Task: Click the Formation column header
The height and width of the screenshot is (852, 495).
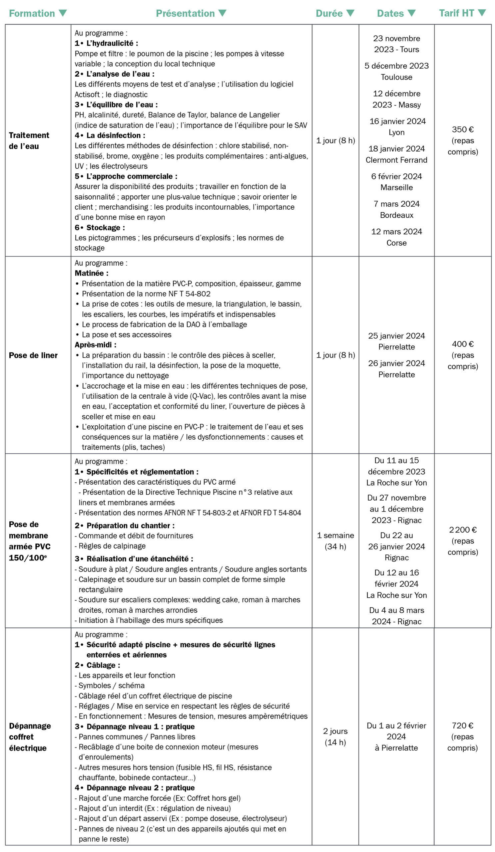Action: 32,14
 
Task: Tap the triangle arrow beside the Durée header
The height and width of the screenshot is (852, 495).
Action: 350,13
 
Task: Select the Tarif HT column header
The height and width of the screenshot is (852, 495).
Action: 456,13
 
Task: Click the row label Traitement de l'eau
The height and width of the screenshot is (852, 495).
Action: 29,141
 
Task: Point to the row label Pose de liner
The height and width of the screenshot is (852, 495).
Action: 33,355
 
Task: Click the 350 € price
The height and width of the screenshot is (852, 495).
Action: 462,129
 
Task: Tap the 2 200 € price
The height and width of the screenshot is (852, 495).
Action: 462,530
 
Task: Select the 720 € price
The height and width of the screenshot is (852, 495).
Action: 462,726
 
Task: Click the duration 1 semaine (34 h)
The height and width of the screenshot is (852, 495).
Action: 335,541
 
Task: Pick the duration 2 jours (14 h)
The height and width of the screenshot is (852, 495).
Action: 335,737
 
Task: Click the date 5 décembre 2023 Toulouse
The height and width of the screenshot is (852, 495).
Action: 396,71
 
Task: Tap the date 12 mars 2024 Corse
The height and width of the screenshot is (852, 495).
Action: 396,237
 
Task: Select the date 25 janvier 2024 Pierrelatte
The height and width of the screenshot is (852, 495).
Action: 396,341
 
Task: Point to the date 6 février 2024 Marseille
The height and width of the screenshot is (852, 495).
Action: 396,182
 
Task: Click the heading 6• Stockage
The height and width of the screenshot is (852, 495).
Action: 100,228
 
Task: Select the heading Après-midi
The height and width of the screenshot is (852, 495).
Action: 95,345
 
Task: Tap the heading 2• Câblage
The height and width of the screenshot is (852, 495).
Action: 98,665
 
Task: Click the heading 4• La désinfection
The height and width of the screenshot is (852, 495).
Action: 110,135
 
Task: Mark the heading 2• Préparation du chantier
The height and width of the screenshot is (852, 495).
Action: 125,526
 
